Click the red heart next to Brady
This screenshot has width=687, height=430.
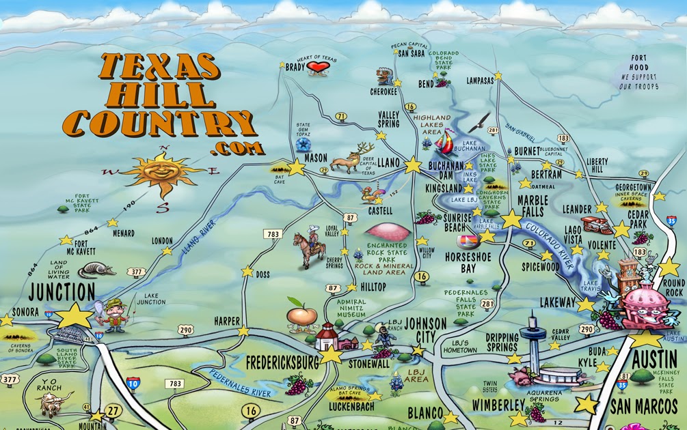tap(317, 66)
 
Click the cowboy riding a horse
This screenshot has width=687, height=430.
tap(308, 245)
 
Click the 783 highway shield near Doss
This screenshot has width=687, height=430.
tap(273, 233)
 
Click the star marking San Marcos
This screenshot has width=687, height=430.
tap(586, 404)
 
